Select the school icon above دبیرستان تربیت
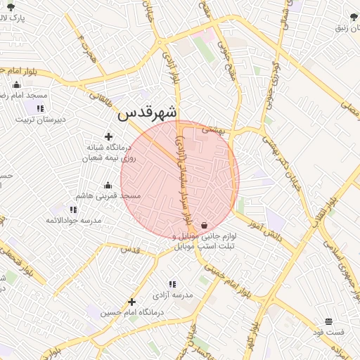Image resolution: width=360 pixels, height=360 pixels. tap(40, 108)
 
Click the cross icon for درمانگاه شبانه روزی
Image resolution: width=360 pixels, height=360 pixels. tap(108, 136)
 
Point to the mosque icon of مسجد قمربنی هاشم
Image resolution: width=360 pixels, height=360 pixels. tap(108, 186)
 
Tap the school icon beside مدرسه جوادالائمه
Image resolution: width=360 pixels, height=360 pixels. tap(73, 210)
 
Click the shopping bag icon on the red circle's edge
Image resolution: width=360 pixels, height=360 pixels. tap(204, 225)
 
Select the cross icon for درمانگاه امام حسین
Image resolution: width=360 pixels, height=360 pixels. tap(131, 302)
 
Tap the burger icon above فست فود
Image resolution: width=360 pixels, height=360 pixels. tap(329, 321)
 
